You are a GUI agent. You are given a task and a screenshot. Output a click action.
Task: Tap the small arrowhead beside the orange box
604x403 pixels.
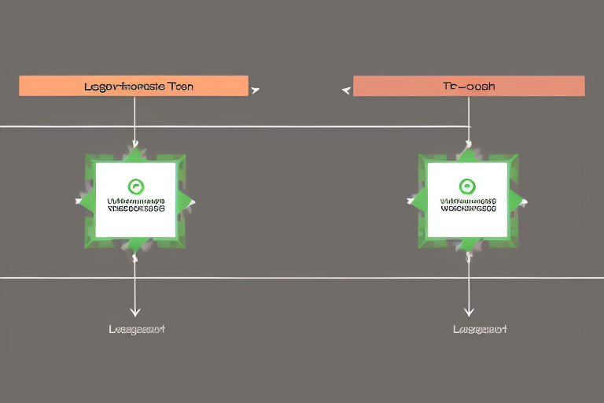pyautogui.click(x=255, y=91)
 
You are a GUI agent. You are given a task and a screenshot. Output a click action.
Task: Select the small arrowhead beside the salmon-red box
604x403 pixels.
pyautogui.click(x=346, y=91)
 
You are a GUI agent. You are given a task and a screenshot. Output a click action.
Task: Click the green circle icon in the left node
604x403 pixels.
pyautogui.click(x=135, y=187)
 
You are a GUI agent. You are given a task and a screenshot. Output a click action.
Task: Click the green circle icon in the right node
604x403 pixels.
pyautogui.click(x=468, y=187)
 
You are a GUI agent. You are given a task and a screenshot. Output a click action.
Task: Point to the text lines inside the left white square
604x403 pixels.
pyautogui.click(x=135, y=205)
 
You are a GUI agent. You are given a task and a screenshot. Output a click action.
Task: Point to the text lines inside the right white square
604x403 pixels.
pyautogui.click(x=468, y=205)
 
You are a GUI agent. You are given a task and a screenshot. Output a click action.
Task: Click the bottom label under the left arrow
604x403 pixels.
pyautogui.click(x=137, y=329)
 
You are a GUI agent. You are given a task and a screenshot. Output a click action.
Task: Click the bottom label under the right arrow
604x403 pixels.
pyautogui.click(x=480, y=329)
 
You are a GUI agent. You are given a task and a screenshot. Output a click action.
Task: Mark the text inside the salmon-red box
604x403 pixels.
pyautogui.click(x=469, y=86)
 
